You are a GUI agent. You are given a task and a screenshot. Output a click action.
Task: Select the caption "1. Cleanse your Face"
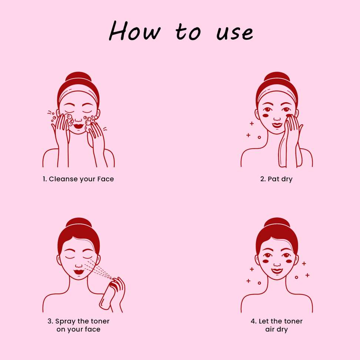tap(78, 179)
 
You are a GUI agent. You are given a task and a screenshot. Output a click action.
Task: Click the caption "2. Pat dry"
tap(276, 179)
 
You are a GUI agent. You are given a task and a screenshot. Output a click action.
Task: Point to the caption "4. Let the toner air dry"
tap(276, 325)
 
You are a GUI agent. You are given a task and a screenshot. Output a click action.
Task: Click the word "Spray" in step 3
tap(65, 321)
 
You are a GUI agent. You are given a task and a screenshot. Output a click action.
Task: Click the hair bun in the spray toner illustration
tap(78, 224)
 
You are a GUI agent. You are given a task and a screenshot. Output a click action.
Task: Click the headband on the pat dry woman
tap(276, 93)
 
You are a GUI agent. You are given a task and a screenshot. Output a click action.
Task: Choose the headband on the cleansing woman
tap(78, 93)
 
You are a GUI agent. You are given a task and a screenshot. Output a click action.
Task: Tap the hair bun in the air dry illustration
tap(276, 224)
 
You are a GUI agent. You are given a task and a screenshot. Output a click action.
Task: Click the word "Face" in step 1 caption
tap(106, 179)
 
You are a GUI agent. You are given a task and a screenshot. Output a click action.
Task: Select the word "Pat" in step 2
tap(274, 179)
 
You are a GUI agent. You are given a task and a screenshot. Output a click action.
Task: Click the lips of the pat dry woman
tap(276, 124)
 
